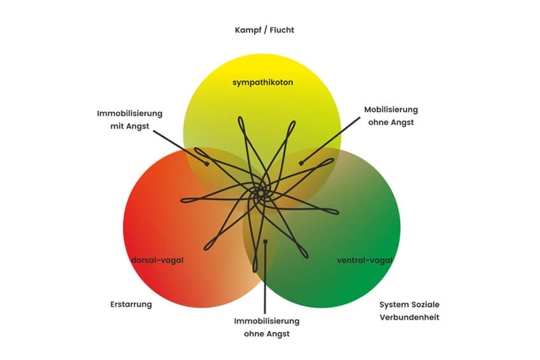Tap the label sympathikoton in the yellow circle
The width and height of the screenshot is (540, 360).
click(x=262, y=83)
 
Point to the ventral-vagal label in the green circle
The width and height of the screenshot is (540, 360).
click(x=365, y=260)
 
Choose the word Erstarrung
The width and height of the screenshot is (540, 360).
click(x=131, y=304)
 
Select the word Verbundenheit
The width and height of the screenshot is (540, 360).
click(x=409, y=317)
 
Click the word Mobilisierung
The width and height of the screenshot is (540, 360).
click(x=391, y=110)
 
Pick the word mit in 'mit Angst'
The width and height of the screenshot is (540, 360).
click(x=117, y=126)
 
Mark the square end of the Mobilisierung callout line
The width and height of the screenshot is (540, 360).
click(x=301, y=163)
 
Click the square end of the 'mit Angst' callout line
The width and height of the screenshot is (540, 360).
click(x=208, y=164)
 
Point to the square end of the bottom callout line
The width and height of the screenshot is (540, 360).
click(x=265, y=241)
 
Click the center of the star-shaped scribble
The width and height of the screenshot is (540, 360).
click(x=260, y=192)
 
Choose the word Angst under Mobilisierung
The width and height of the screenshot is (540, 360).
click(x=402, y=122)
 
